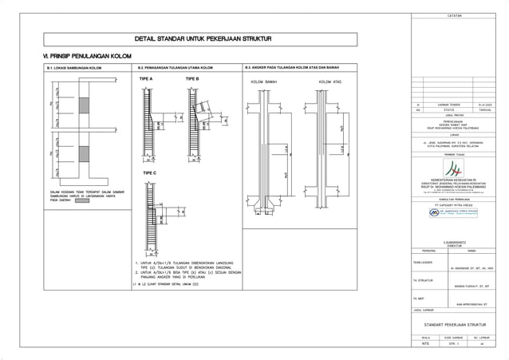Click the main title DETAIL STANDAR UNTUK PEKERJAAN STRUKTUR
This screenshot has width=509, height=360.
(205, 38)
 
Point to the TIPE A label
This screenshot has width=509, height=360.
(146, 80)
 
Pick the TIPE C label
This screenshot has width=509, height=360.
(149, 173)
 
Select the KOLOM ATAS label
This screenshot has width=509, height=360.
(330, 82)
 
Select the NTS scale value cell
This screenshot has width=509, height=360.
(425, 344)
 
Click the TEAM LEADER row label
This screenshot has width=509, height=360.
(422, 262)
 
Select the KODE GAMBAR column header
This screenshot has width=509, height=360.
(457, 338)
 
